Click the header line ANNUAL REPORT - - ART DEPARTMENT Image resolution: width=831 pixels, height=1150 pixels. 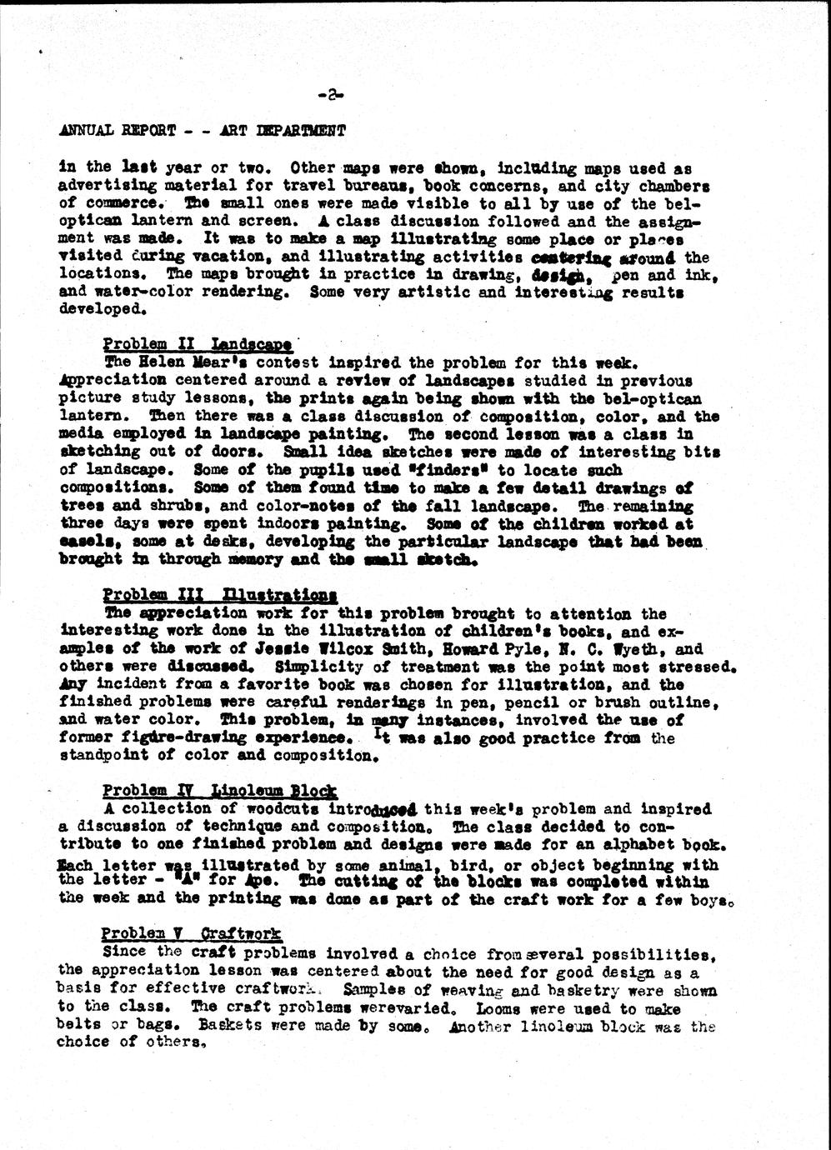(203, 131)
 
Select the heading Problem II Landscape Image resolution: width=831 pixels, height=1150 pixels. (197, 344)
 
